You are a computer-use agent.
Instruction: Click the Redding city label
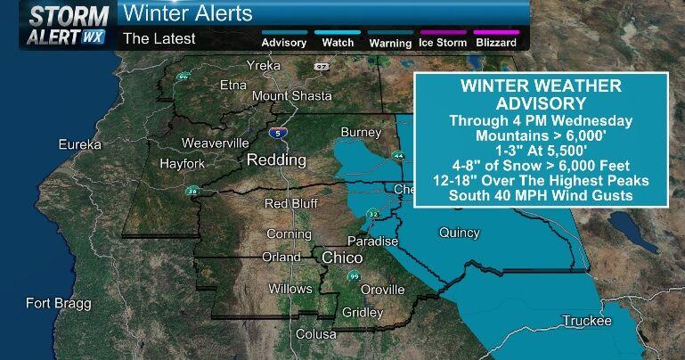coord(277,160)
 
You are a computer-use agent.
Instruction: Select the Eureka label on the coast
coord(81,144)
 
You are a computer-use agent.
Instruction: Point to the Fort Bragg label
coord(58,304)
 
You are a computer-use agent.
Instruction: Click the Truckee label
coord(586,321)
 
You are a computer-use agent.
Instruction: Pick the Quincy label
coord(459,233)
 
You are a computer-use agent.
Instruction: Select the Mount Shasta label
coord(292,96)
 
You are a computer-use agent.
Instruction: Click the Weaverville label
coord(216,143)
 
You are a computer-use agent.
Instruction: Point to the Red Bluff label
coord(290,204)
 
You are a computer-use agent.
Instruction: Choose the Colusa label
coord(316,334)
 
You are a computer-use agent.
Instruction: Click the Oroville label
coord(383,290)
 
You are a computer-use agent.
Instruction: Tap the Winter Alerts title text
coord(187,14)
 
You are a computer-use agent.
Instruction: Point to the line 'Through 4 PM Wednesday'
coord(541,120)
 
